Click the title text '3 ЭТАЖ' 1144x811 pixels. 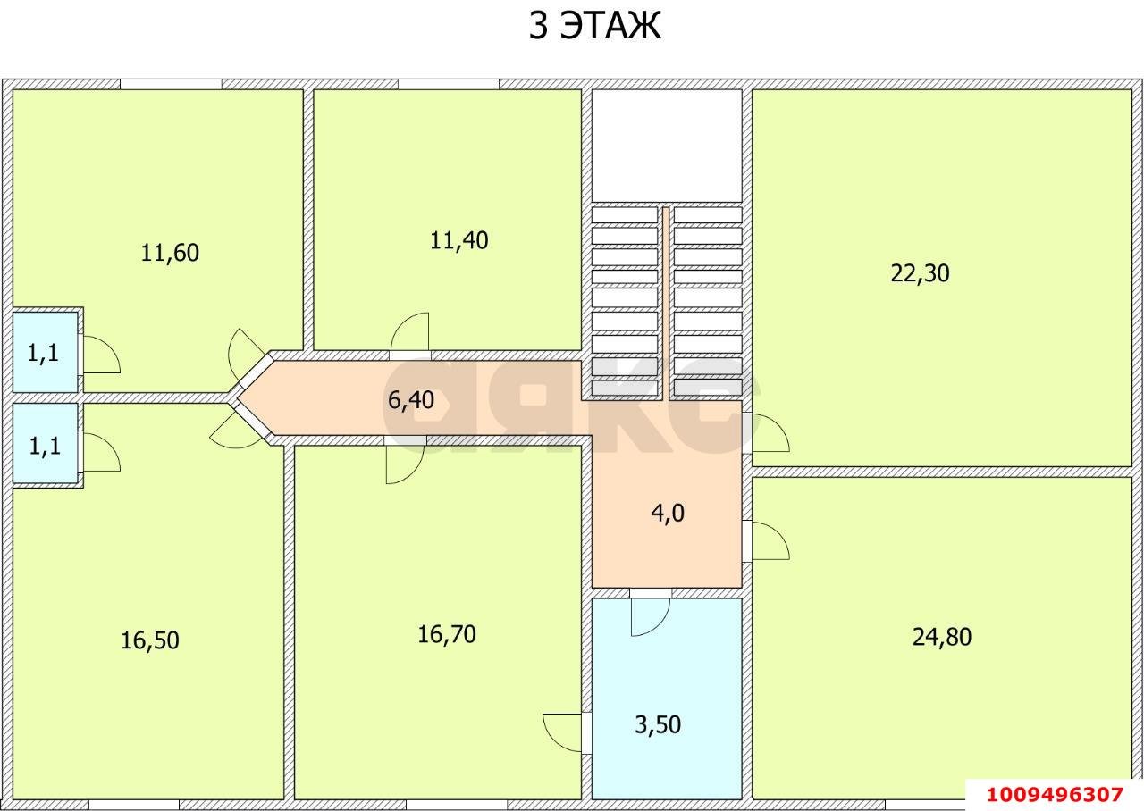(594, 25)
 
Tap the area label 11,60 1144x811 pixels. (170, 253)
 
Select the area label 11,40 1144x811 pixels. (458, 240)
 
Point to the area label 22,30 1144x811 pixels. (920, 273)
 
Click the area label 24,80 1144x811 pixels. (941, 637)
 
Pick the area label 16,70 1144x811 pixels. (447, 634)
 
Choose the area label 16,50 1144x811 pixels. (150, 640)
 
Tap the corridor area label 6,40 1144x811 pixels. (410, 400)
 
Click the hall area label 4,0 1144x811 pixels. (667, 514)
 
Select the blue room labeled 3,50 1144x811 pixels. (658, 724)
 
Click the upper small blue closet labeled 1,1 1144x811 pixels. (43, 353)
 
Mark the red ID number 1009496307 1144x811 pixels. (1053, 794)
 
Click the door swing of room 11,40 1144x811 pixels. (410, 333)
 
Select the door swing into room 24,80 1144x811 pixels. (770, 540)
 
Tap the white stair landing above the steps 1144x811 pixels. (667, 145)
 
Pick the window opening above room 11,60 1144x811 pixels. (171, 84)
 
